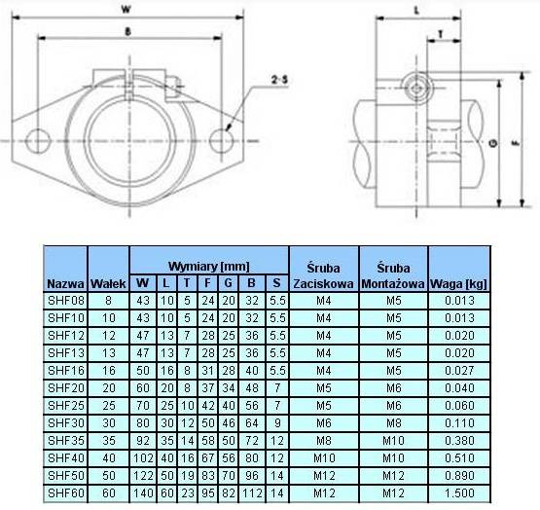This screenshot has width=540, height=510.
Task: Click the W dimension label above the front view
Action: (x=126, y=10)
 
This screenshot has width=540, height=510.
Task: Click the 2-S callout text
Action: (x=279, y=80)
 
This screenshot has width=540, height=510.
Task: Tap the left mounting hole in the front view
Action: (x=38, y=141)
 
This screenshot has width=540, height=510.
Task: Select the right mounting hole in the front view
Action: (x=222, y=140)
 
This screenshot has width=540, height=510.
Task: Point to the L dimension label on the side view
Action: (x=416, y=11)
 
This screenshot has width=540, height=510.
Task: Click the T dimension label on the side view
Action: (x=440, y=34)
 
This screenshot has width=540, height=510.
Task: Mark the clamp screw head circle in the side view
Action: (x=416, y=89)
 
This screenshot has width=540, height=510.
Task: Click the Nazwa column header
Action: (x=65, y=284)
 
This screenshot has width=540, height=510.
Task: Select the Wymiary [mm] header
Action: (x=208, y=266)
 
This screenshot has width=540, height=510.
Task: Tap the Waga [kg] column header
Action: (x=458, y=284)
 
